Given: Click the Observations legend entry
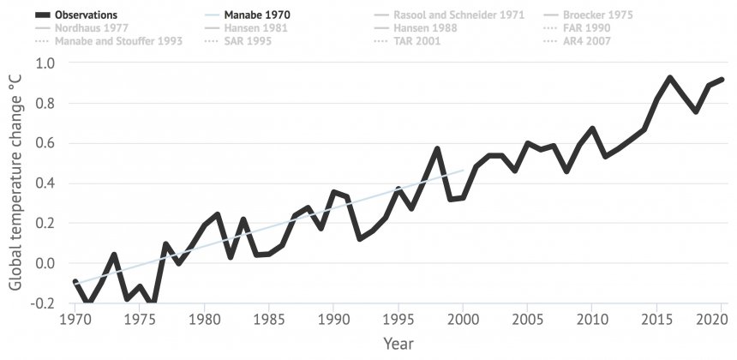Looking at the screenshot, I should click(x=86, y=15).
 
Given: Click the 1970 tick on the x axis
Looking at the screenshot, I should click(x=75, y=319).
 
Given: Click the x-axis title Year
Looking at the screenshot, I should click(x=398, y=343).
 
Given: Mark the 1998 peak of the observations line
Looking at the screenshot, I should click(x=437, y=149).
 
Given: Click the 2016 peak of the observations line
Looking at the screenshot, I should click(x=670, y=78).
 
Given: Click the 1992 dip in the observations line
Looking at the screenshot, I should click(x=360, y=238).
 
